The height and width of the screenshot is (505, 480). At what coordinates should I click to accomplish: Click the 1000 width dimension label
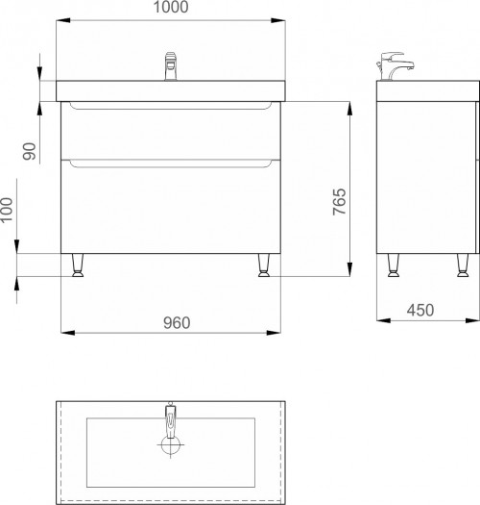171,7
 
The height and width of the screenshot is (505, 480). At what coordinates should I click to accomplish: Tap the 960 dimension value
177,322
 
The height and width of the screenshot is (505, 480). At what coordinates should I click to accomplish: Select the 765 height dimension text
340,202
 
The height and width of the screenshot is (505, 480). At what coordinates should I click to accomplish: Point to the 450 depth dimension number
420,310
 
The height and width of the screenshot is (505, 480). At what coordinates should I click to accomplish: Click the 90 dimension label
29,151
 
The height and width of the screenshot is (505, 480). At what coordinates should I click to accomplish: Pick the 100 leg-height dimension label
6,210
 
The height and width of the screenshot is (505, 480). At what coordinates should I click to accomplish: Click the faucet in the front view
171,66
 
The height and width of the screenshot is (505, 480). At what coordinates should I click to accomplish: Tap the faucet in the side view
395,66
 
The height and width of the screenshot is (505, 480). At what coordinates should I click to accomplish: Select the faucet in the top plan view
170,420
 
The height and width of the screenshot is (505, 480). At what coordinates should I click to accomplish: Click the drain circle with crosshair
170,444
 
